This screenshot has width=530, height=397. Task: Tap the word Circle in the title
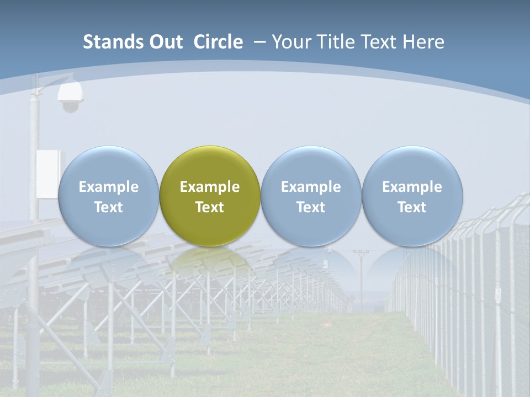(218, 42)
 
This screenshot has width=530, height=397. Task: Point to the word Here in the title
(423, 42)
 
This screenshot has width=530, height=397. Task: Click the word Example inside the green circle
(210, 187)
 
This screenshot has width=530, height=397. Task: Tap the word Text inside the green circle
(210, 207)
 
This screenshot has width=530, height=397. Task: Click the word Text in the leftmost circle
(108, 207)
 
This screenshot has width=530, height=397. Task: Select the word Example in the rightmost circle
(412, 187)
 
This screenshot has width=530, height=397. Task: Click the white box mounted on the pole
(47, 173)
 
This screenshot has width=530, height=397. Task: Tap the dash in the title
(260, 42)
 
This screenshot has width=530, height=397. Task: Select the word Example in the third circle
(311, 187)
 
